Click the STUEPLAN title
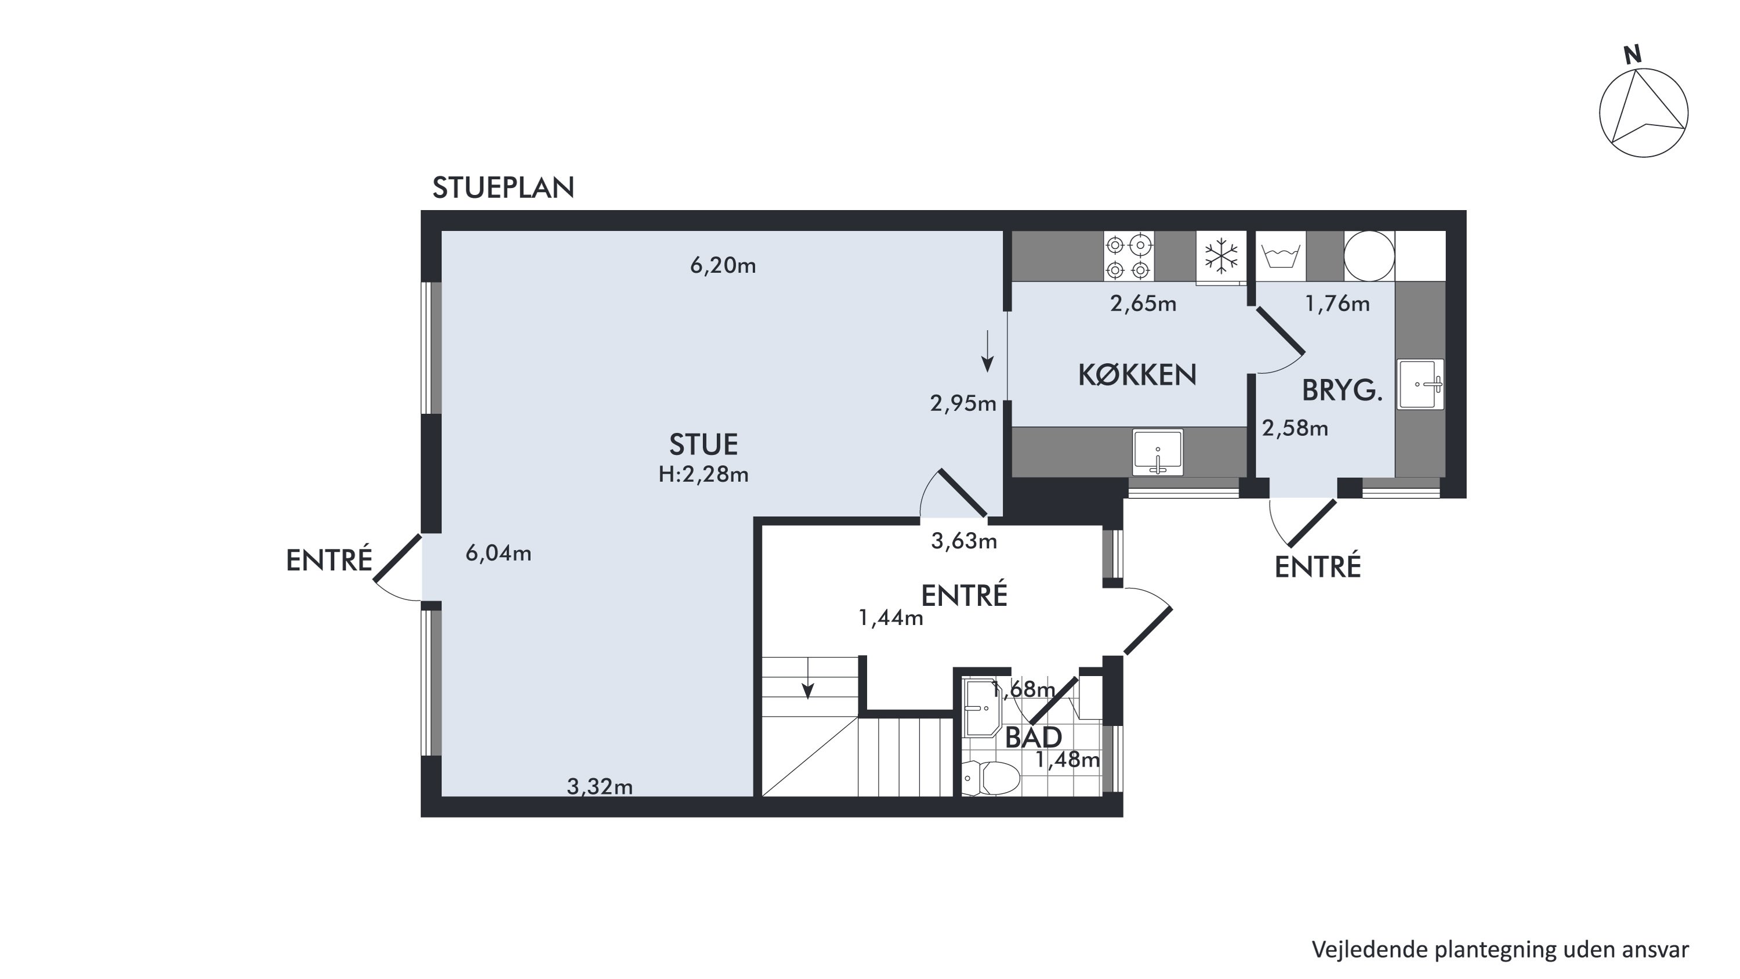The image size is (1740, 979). [x=503, y=188]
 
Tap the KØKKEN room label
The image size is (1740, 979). [x=1137, y=375]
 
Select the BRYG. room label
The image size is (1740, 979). [x=1342, y=391]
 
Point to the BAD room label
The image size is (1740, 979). [x=1034, y=738]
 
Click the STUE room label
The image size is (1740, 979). [x=703, y=445]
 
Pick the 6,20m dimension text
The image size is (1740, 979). [x=723, y=266]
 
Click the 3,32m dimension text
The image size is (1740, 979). [x=600, y=786]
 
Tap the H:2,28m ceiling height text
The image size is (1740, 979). [x=703, y=475]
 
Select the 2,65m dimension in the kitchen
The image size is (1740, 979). [x=1143, y=304]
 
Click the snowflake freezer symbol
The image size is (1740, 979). [x=1221, y=257]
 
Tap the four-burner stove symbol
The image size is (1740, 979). [x=1129, y=257]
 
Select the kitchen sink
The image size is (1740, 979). [x=1158, y=452]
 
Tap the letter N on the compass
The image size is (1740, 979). [x=1633, y=55]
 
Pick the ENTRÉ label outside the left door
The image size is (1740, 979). [x=329, y=561]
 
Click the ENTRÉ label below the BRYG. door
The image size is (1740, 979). [x=1317, y=567]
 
